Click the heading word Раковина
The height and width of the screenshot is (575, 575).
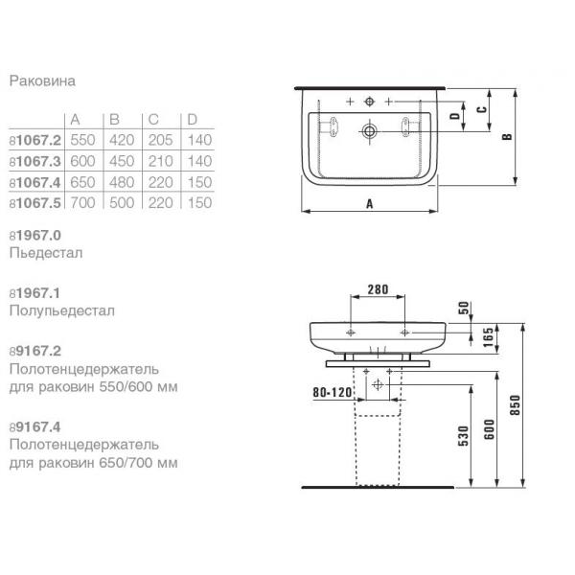pyautogui.click(x=42, y=80)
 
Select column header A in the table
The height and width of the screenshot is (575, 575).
pyautogui.click(x=75, y=120)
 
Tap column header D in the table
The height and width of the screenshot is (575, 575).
pyautogui.click(x=193, y=120)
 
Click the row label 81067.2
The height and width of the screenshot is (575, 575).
pyautogui.click(x=35, y=140)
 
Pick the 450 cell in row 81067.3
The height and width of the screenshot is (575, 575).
pyautogui.click(x=122, y=161)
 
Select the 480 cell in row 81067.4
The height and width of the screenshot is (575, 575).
pyautogui.click(x=122, y=182)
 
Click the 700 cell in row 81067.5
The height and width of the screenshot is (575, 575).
pyautogui.click(x=82, y=203)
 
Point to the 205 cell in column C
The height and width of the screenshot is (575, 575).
pyautogui.click(x=161, y=140)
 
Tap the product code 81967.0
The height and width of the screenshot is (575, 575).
pyautogui.click(x=35, y=236)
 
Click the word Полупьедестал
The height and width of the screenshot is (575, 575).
pyautogui.click(x=62, y=310)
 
